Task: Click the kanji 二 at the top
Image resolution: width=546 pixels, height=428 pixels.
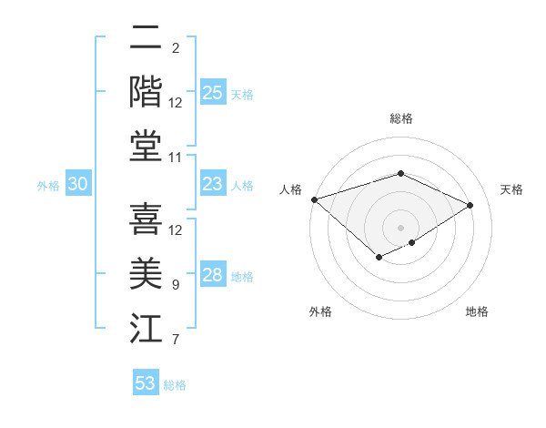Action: click(x=146, y=38)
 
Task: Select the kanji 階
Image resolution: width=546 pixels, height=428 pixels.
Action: click(x=146, y=91)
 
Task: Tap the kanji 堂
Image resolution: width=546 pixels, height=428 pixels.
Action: click(x=146, y=146)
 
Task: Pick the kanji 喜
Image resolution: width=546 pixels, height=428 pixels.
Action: click(x=146, y=219)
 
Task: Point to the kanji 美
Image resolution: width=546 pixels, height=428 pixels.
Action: click(x=146, y=274)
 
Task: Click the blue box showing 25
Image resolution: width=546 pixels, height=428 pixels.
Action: click(x=213, y=93)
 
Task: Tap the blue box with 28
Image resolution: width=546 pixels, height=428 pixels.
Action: click(x=213, y=276)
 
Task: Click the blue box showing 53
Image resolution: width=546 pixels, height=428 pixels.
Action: click(x=146, y=383)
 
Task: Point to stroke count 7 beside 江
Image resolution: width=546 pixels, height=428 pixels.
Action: click(x=176, y=341)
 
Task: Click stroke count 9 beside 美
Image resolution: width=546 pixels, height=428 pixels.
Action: click(x=176, y=285)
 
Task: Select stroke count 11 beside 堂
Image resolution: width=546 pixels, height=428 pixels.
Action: click(x=177, y=158)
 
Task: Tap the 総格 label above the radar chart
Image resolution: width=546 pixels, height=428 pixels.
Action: click(x=400, y=118)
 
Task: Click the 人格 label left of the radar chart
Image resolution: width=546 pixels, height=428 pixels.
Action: click(x=290, y=189)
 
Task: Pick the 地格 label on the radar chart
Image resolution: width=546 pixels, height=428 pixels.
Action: click(x=477, y=312)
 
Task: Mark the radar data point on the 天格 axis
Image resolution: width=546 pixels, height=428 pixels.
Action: click(x=470, y=205)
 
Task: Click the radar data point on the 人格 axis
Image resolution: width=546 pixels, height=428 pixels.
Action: click(x=314, y=199)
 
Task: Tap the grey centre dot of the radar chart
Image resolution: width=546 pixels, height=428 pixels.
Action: click(x=400, y=227)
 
